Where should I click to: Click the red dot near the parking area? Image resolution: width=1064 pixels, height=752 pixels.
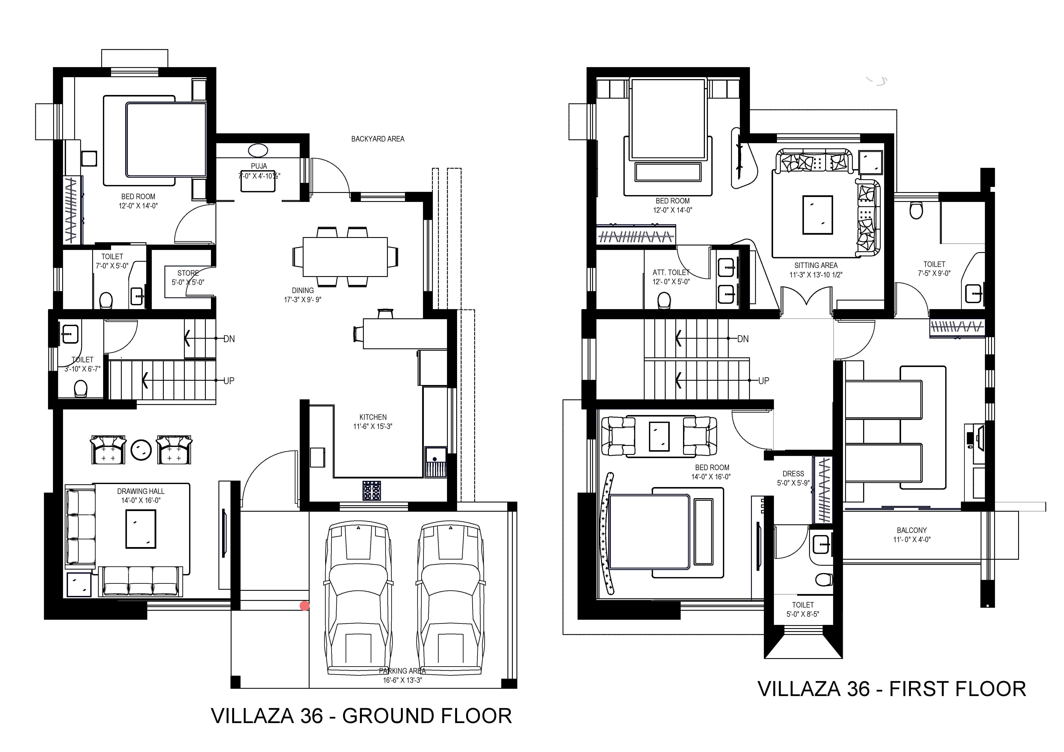point(304,606)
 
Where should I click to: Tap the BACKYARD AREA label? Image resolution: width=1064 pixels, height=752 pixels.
point(378,138)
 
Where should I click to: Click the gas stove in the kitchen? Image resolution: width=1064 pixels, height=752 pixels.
point(372,491)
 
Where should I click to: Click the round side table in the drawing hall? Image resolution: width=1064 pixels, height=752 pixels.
point(141,450)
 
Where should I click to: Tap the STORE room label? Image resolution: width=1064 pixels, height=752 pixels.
point(188,273)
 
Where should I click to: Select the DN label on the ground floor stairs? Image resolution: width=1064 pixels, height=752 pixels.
point(229,339)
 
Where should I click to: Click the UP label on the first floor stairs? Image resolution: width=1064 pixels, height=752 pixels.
point(764,381)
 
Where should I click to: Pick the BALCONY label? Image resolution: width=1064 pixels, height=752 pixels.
point(912,530)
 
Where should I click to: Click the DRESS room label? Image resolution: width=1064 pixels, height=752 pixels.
point(793,474)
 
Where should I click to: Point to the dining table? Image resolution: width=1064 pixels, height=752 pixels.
point(345,257)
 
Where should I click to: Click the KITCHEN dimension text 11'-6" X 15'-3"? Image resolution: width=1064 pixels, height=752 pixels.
point(373,426)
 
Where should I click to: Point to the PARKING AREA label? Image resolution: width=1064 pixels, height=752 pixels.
point(402,671)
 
